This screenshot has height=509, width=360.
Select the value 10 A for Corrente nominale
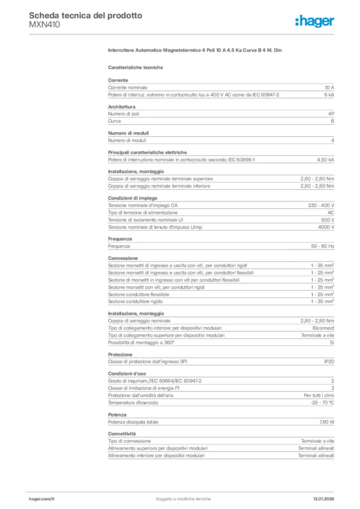click(x=329, y=87)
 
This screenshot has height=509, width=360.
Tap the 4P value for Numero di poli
click(x=331, y=114)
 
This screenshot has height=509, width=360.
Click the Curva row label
click(x=114, y=121)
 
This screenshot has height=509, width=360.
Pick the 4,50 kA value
click(x=325, y=160)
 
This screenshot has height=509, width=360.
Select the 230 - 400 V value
click(x=321, y=205)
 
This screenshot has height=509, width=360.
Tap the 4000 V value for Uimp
click(x=326, y=227)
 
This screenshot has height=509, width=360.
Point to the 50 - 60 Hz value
click(x=323, y=246)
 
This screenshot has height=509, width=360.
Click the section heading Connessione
click(x=123, y=258)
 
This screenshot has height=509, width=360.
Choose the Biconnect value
click(x=323, y=328)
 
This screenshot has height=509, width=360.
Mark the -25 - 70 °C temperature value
click(x=322, y=402)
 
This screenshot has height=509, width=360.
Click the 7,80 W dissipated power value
click(x=326, y=422)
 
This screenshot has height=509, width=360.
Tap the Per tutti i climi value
click(x=319, y=395)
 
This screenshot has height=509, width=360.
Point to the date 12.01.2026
click(x=323, y=499)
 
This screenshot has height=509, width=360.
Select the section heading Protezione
click(x=120, y=354)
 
